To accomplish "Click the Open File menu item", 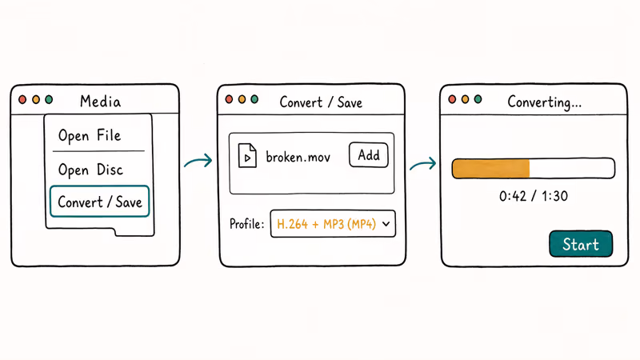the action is tap(90, 135).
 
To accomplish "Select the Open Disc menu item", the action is tap(90, 170).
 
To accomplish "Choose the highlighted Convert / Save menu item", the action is tap(99, 202).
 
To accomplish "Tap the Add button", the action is tap(369, 155).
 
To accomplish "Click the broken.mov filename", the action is tap(298, 157).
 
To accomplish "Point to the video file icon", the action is tap(247, 155).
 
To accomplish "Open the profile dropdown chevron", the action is tap(386, 224).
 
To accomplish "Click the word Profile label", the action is tap(246, 224).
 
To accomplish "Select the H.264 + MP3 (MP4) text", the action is tap(326, 224).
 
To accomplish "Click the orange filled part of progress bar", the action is tap(491, 169).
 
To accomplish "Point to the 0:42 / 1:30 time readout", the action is tap(533, 196).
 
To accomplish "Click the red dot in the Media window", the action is tap(23, 99).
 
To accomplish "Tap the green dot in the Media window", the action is tap(49, 99).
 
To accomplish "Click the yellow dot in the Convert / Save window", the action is tap(242, 99).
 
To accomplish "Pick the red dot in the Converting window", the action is tap(452, 99).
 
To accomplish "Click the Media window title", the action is tap(101, 102).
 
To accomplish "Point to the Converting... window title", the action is tap(545, 102).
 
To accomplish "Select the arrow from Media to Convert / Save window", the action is tap(198, 161).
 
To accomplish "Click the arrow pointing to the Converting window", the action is tap(423, 164).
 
